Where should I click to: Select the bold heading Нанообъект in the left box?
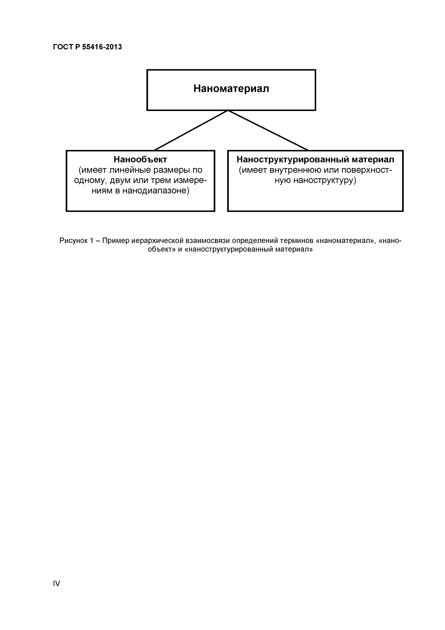click(140, 159)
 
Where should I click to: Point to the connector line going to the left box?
click(191, 130)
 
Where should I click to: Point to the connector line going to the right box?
click(268, 130)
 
